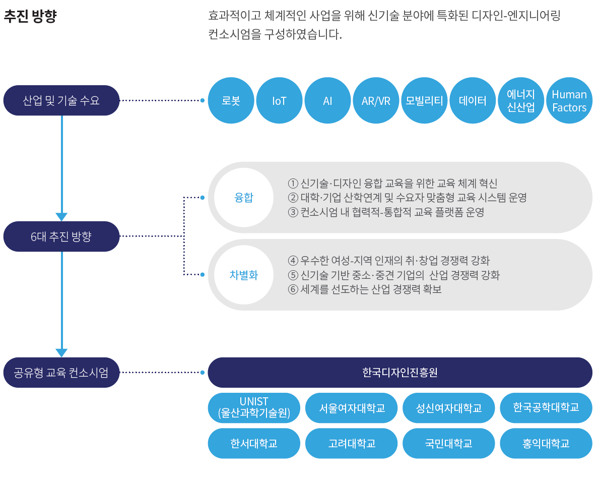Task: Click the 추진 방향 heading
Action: [x=30, y=17]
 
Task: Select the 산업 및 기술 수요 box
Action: [x=61, y=100]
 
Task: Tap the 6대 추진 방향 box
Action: [x=61, y=236]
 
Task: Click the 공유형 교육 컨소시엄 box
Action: [x=61, y=373]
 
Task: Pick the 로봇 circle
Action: [x=231, y=100]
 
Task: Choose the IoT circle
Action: [x=279, y=100]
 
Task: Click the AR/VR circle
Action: [x=376, y=100]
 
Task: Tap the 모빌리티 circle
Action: [x=424, y=100]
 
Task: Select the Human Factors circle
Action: [x=569, y=100]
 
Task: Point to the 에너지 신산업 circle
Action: [x=521, y=100]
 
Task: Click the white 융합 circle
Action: [x=244, y=198]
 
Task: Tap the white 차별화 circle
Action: [x=244, y=275]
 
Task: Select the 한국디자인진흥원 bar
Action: [x=400, y=373]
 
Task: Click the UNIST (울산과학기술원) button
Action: [x=254, y=407]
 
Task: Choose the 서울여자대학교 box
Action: [x=352, y=407]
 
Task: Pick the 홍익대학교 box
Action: [x=546, y=443]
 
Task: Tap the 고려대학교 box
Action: [x=352, y=443]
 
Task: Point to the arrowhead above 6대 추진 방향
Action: [x=61, y=217]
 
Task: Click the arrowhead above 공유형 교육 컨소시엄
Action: [x=61, y=353]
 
